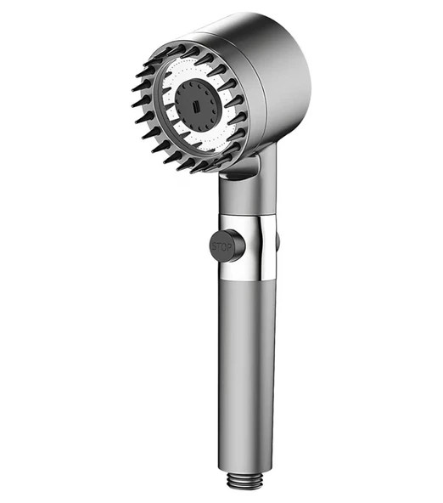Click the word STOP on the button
222,247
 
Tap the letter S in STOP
214,246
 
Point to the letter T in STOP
219,247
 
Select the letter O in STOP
223,247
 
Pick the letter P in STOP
228,247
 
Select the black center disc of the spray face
195,105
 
